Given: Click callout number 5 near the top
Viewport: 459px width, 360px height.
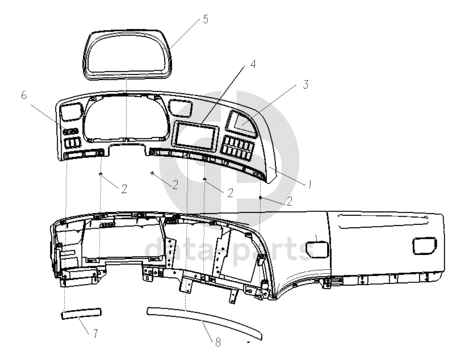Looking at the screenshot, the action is pyautogui.click(x=206, y=19).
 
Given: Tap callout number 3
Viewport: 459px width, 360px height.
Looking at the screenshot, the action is pyautogui.click(x=305, y=84).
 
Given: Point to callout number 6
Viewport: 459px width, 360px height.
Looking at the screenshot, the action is pyautogui.click(x=24, y=95).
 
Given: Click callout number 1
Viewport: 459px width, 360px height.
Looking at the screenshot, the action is pyautogui.click(x=310, y=184).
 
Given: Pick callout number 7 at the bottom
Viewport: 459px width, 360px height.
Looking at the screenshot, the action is pyautogui.click(x=95, y=333).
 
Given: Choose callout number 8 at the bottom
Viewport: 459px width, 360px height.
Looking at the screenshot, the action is pyautogui.click(x=218, y=342).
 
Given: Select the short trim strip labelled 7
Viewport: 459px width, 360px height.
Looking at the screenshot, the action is pyautogui.click(x=81, y=313).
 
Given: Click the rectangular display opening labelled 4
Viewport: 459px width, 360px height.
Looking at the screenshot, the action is pyautogui.click(x=196, y=134).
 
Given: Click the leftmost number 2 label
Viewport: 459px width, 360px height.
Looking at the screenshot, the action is pyautogui.click(x=124, y=189).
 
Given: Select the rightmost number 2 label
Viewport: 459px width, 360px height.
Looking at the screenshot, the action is pyautogui.click(x=290, y=202).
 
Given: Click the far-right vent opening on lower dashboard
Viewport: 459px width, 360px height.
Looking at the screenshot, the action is pyautogui.click(x=424, y=246).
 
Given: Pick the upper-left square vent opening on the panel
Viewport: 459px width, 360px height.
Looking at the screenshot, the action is pyautogui.click(x=71, y=111).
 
